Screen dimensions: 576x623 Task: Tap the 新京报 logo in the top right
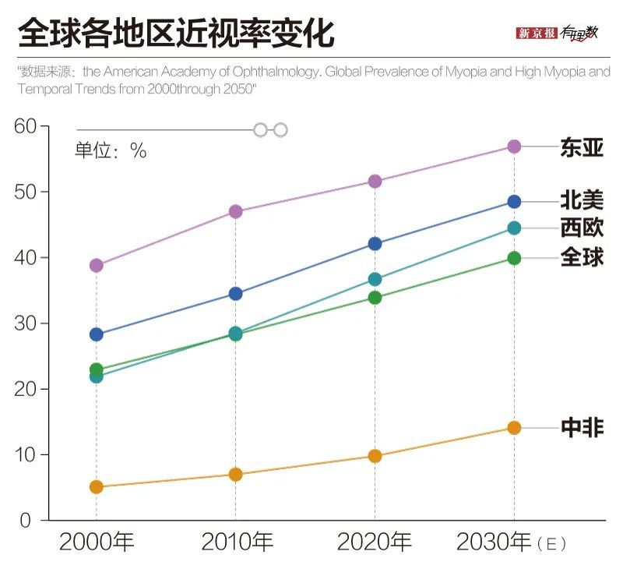point(537,33)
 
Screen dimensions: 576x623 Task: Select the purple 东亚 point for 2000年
point(97,265)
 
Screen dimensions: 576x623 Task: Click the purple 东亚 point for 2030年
point(514,147)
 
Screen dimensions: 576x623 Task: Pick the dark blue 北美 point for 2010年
point(235,294)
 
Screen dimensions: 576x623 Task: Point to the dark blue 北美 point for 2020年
point(375,244)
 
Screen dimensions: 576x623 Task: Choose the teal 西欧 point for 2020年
point(375,279)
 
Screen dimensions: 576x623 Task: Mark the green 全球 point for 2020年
point(375,298)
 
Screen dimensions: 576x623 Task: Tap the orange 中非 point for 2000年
point(97,487)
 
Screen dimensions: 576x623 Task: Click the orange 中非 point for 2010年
point(235,475)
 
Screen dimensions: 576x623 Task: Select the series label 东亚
point(582,147)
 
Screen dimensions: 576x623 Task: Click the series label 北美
point(582,201)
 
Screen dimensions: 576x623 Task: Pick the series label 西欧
point(582,228)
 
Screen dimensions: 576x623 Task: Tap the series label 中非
point(582,428)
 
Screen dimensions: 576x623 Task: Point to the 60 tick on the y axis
point(26,126)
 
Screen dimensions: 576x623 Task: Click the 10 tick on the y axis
point(26,454)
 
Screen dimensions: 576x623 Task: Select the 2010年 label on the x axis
point(237,542)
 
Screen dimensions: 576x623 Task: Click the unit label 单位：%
point(111,150)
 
